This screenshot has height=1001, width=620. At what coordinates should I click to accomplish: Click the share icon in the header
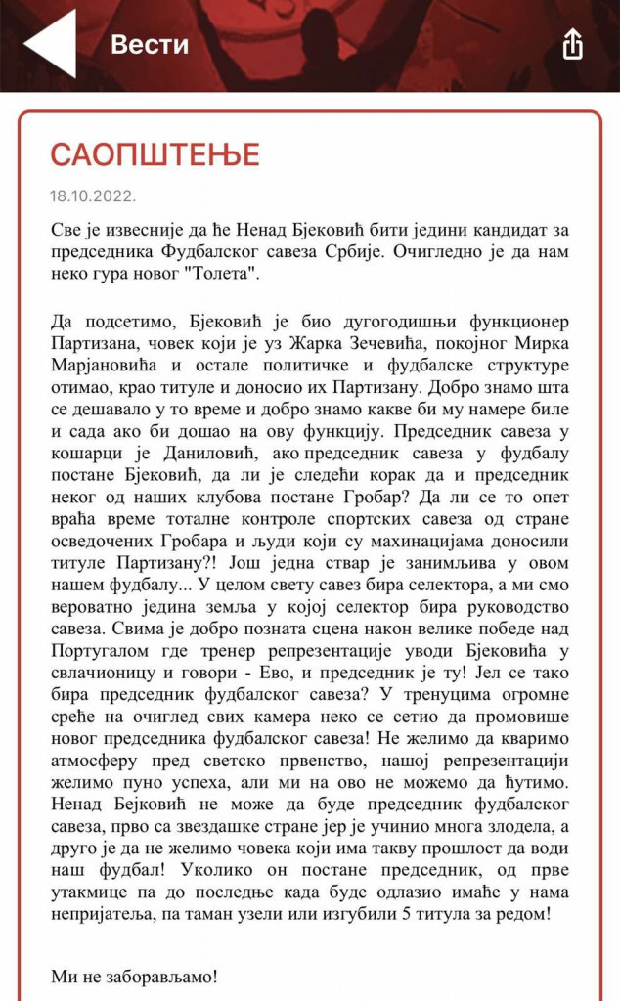(572, 44)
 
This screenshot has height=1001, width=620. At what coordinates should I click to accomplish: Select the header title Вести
(150, 44)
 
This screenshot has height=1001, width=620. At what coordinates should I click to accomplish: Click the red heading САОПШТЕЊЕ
(155, 154)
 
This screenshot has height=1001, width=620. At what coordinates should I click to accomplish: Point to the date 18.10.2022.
(93, 196)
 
